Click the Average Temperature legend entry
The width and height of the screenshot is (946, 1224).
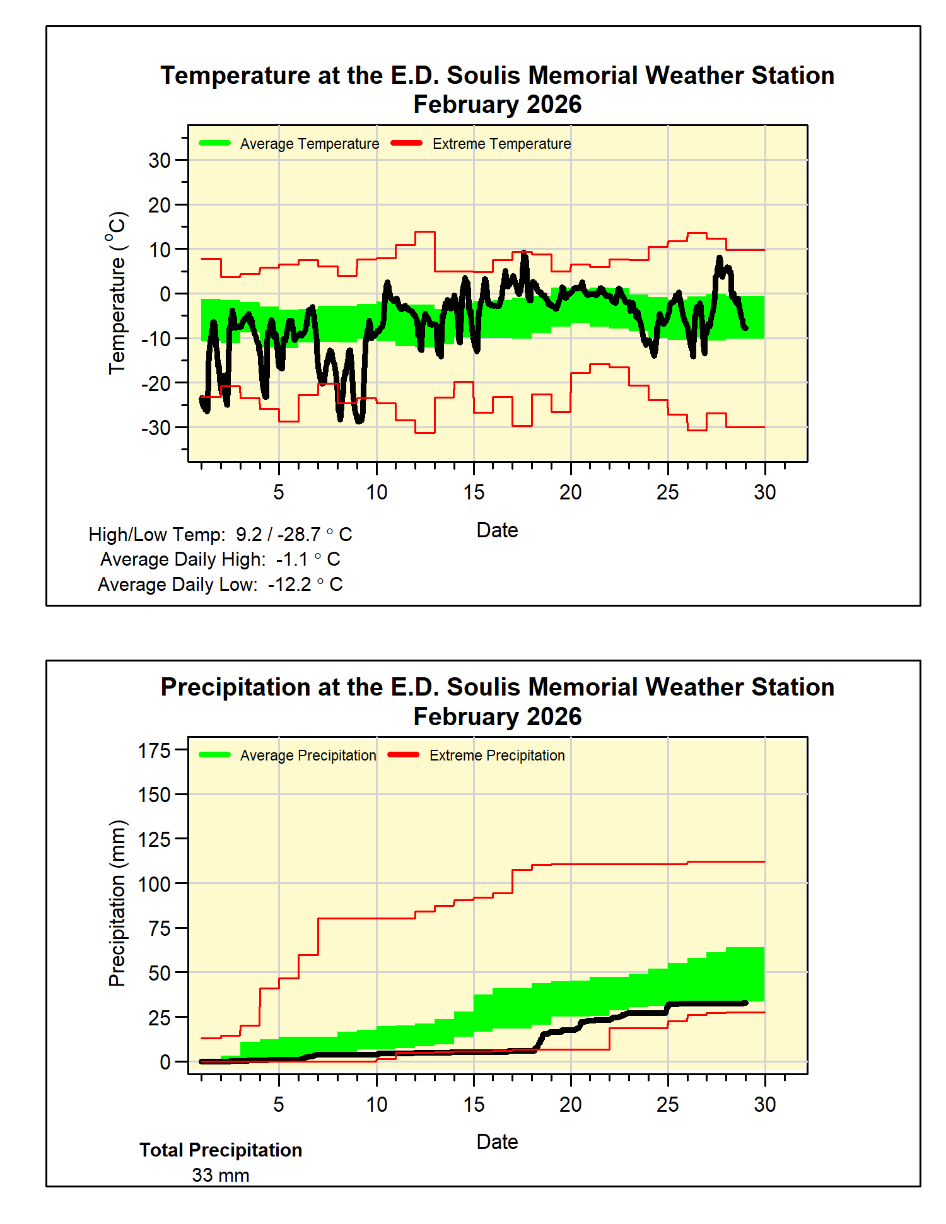289,144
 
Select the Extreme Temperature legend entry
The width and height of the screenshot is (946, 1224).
481,144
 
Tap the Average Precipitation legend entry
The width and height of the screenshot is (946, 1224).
288,755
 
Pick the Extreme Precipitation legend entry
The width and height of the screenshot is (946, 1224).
476,755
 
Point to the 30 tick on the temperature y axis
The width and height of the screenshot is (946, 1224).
160,160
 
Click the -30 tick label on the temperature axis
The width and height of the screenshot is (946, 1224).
156,428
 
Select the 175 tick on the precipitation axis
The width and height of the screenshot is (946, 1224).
155,750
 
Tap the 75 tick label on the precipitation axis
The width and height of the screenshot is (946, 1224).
160,928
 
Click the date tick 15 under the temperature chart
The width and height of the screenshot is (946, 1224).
474,492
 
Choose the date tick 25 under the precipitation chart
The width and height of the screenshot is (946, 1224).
668,1104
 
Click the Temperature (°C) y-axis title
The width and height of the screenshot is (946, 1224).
117,293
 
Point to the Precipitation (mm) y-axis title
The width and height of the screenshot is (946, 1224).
117,903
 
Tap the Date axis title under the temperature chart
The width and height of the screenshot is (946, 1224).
497,530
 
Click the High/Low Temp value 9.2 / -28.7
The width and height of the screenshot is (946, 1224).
278,535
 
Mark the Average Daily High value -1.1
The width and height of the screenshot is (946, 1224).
292,559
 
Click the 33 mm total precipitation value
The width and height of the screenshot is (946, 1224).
221,1175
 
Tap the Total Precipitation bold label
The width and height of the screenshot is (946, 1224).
221,1150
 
